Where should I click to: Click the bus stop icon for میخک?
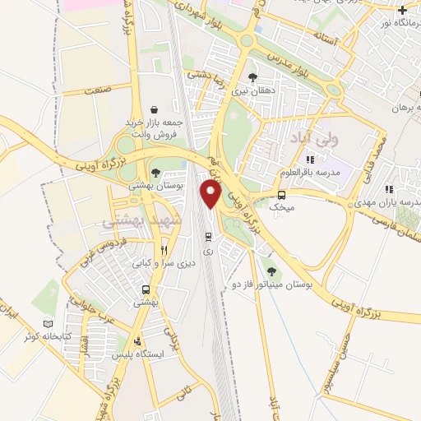282,195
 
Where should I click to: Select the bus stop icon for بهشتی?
146,289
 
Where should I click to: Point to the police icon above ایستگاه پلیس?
137,340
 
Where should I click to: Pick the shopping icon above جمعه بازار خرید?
155,109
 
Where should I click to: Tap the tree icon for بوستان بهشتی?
155,172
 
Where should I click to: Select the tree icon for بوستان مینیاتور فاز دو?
272,271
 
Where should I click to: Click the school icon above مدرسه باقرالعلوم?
309,160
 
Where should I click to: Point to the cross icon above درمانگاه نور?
401,10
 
